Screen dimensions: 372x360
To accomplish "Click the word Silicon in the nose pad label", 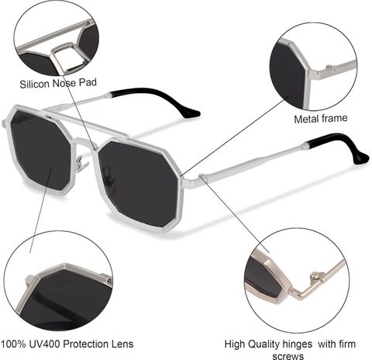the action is tap(34, 85).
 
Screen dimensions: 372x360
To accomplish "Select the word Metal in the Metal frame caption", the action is tap(307, 119).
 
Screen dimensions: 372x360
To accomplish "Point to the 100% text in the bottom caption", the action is tap(13, 344).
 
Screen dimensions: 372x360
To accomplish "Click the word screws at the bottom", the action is tap(288, 356).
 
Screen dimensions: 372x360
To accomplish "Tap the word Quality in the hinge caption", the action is tap(263, 344).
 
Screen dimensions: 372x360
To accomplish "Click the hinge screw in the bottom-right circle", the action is tap(315, 275).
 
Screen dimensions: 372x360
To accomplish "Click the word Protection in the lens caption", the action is tap(87, 344).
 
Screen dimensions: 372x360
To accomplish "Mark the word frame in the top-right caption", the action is tap(335, 118).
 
